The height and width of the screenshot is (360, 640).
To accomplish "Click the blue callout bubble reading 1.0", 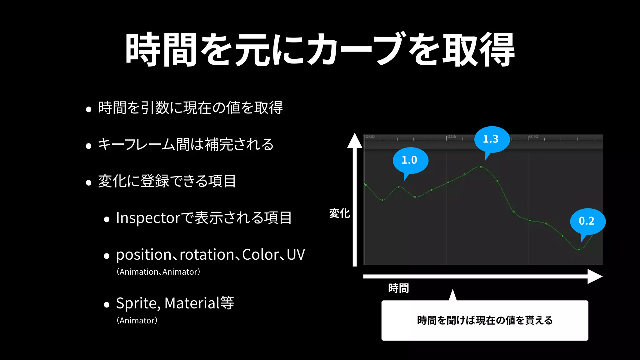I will [x=410, y=160].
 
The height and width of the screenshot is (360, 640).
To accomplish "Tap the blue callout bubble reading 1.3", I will [x=492, y=139].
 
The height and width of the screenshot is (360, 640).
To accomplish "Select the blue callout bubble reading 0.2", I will [x=587, y=221].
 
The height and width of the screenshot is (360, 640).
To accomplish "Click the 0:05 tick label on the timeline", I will [x=452, y=137].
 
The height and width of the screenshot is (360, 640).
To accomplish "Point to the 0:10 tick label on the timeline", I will [x=533, y=137].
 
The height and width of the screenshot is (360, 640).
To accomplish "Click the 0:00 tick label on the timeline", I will [x=370, y=137].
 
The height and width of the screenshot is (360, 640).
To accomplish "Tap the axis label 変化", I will [x=340, y=213].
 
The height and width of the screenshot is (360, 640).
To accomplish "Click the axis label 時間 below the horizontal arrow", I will [x=398, y=288].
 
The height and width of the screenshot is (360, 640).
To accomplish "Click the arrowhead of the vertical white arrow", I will [x=355, y=140].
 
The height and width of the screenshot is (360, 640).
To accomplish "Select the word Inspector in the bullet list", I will [x=148, y=218].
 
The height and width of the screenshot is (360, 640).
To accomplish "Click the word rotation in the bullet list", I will [x=207, y=255].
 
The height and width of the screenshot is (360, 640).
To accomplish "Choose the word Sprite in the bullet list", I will [x=136, y=303].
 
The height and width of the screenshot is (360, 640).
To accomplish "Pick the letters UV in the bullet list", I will [x=296, y=255].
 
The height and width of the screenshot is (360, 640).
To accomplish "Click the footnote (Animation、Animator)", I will [x=158, y=272].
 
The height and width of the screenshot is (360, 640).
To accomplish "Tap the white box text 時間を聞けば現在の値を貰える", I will [x=485, y=320].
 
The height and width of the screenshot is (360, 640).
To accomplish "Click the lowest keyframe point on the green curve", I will [x=579, y=250].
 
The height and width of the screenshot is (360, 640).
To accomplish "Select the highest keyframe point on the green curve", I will [x=481, y=167].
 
